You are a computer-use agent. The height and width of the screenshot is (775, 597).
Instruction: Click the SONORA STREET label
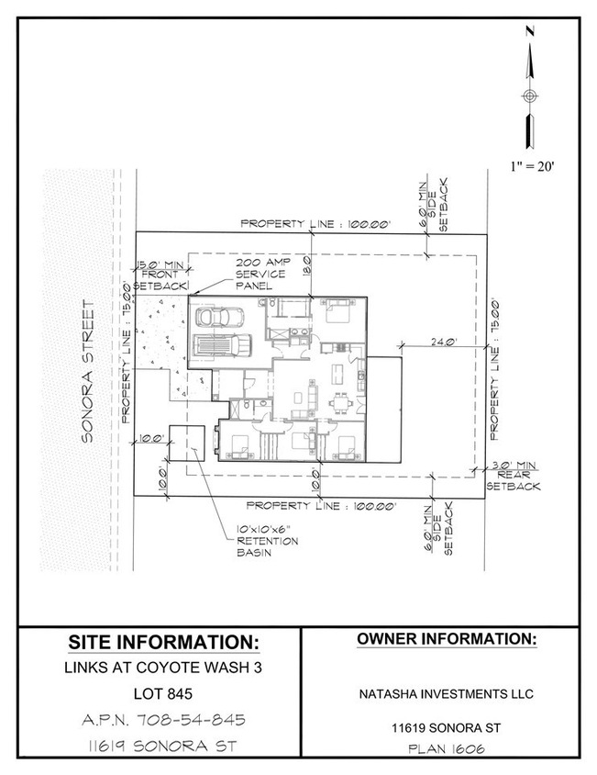tap(89, 371)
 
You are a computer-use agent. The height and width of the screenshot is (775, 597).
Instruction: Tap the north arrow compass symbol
tap(529, 95)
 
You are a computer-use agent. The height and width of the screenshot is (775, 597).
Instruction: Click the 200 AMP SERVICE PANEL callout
tap(262, 274)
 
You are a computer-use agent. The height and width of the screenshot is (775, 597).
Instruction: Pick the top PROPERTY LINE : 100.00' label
tap(315, 223)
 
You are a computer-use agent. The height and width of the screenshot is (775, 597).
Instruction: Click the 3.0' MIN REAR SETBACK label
tap(513, 477)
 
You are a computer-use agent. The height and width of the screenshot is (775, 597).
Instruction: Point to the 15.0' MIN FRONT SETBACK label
tap(160, 275)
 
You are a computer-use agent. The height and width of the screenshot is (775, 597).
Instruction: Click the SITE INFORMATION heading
tap(163, 640)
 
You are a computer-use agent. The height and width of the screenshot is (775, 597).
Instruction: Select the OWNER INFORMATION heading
tap(446, 638)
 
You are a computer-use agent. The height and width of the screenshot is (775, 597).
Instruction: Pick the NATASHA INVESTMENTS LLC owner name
tap(446, 693)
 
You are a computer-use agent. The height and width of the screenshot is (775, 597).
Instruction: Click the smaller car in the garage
tap(218, 318)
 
